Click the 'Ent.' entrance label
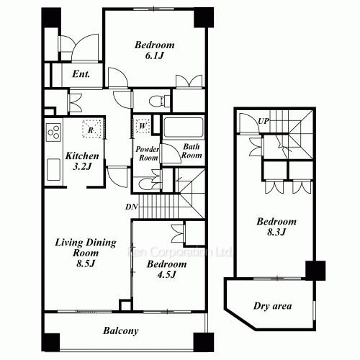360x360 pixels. click(x=80, y=73)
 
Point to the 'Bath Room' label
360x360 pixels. click(x=191, y=151)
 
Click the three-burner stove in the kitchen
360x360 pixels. click(x=53, y=132)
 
